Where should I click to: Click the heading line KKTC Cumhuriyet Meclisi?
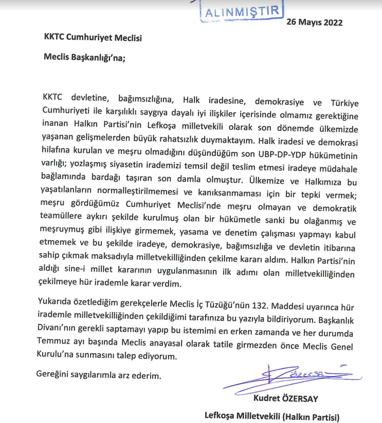[x=92, y=38]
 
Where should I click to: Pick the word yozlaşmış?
[x=89, y=169]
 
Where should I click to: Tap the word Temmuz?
[x=55, y=341]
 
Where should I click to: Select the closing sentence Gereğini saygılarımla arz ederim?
[x=99, y=375]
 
